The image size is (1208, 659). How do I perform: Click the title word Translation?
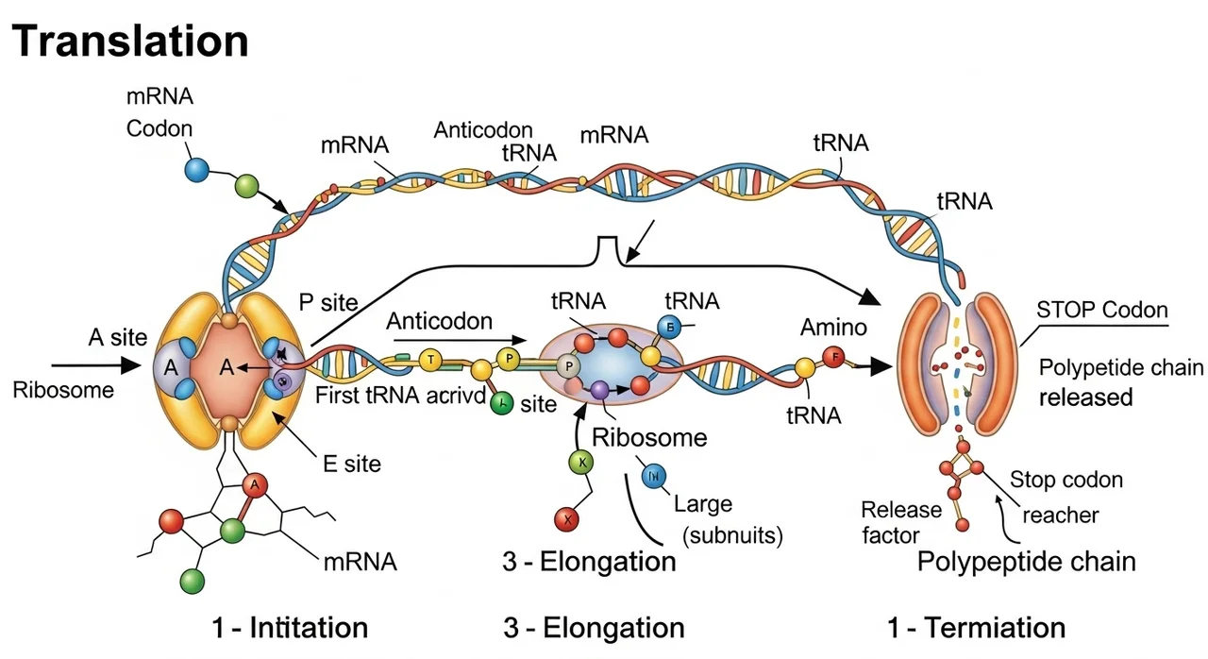pos(131,41)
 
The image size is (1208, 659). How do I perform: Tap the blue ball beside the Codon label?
pos(196,169)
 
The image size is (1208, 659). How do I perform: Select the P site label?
pos(327,302)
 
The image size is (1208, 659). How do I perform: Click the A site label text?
pos(117,338)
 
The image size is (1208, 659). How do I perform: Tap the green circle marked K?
pos(581,463)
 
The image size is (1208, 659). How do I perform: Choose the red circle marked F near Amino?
pos(834,357)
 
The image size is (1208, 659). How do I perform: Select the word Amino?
pos(832,327)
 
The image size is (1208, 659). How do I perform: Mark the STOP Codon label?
pos(1101,310)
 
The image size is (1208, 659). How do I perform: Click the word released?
pos(1085,397)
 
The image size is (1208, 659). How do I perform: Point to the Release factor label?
pos(901,522)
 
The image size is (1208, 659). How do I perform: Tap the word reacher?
pos(1061,515)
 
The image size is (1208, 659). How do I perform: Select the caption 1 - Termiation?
pos(977,627)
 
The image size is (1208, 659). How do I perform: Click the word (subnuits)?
pos(732,535)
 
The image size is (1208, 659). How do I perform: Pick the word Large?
pos(703,504)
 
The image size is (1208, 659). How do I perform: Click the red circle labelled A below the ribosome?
pos(254,485)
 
